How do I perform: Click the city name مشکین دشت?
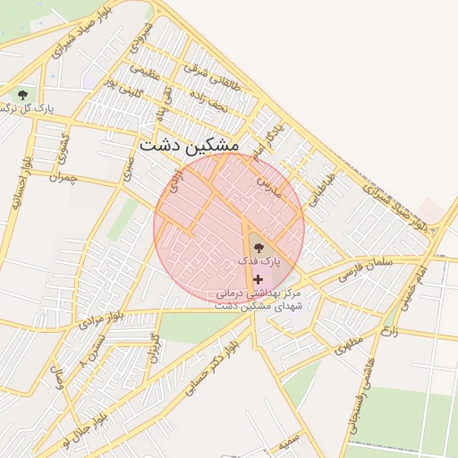tap(189, 145)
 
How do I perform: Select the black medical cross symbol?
tap(259, 279)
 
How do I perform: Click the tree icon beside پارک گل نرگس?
tap(21, 93)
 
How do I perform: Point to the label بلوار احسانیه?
tap(21, 182)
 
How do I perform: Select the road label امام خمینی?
tap(410, 284)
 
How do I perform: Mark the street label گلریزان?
tap(156, 345)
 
